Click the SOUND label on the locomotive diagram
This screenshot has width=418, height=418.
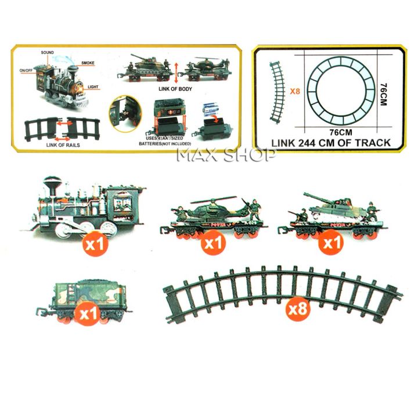[48, 53]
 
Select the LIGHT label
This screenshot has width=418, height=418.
[93, 87]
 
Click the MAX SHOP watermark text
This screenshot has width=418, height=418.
[226, 156]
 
